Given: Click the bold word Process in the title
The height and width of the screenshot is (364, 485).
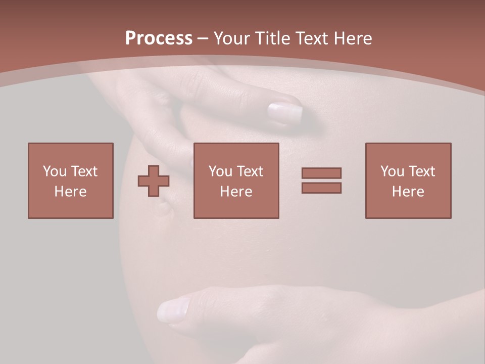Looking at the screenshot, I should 159,38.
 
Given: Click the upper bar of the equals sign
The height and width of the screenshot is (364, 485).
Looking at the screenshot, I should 321,173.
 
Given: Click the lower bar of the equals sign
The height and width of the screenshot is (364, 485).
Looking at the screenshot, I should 321,188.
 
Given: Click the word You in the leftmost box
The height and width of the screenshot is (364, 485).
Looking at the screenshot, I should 55,171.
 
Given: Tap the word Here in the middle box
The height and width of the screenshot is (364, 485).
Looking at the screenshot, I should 236,192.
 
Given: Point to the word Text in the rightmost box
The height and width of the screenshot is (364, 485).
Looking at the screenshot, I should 421,171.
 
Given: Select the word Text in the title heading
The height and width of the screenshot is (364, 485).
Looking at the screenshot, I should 310,38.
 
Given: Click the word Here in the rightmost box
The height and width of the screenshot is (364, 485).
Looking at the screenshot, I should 408,192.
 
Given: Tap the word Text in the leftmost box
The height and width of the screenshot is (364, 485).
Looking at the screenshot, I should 84,171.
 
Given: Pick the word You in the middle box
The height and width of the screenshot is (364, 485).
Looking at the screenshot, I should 220,171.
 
